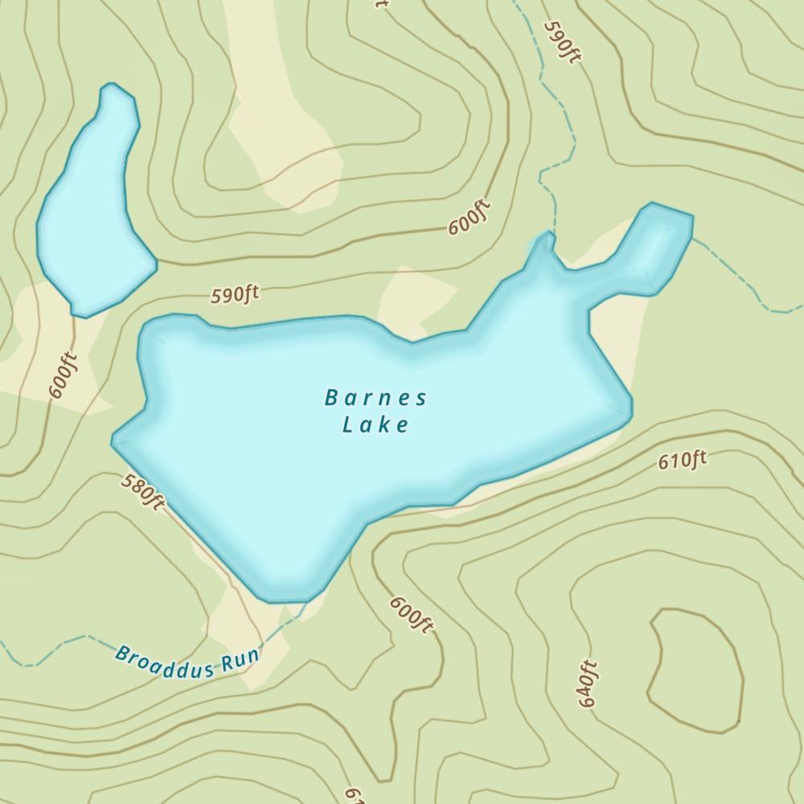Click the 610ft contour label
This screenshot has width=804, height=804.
coord(682,460)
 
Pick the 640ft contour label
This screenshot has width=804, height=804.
coord(588,683)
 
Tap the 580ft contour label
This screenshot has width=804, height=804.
coord(143,491)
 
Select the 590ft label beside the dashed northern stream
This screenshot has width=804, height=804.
coord(562,41)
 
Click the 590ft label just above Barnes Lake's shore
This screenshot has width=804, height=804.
coord(235,294)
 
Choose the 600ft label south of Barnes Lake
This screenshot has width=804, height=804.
coord(412,614)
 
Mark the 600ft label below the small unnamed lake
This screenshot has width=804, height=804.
coord(64,375)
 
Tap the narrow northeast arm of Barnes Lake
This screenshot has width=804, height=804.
coord(655,245)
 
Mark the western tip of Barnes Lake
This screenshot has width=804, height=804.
coord(117,441)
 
